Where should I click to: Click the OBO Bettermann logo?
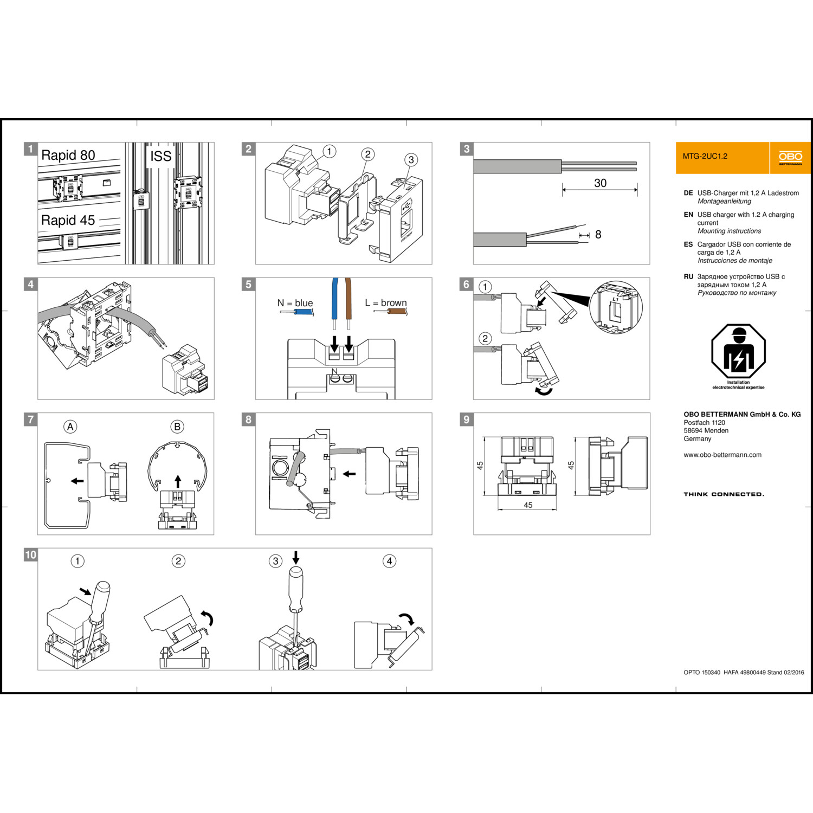790,158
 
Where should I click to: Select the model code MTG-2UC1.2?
705,156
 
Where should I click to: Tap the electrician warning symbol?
738,352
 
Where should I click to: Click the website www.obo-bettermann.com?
722,455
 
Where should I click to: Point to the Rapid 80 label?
68,155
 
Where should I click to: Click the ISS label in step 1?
160,156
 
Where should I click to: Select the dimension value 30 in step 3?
600,183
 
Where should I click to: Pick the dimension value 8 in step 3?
598,234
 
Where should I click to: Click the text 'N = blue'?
295,303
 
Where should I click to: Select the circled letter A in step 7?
70,427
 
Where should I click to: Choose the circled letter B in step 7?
177,427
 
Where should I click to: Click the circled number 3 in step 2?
411,159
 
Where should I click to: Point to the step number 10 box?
31,554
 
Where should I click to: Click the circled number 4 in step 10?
389,561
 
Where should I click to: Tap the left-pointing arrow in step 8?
350,474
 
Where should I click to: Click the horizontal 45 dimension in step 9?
528,505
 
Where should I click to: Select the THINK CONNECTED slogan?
724,494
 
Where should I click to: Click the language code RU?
688,276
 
